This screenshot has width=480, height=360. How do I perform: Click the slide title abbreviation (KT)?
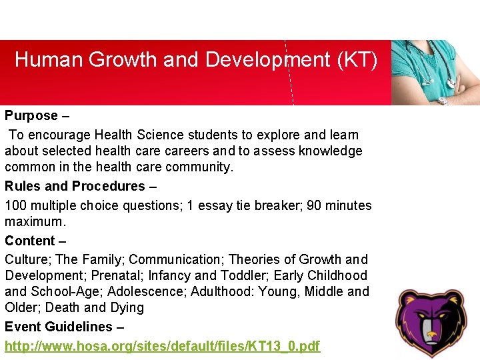pyautogui.click(x=357, y=60)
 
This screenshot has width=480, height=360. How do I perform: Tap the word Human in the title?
pyautogui.click(x=51, y=60)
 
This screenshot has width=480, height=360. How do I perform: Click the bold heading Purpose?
pyautogui.click(x=31, y=115)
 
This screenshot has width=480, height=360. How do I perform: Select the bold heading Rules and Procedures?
pyautogui.click(x=75, y=186)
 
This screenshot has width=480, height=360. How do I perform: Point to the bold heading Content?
pyautogui.click(x=30, y=241)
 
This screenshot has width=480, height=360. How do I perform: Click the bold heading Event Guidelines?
pyautogui.click(x=59, y=327)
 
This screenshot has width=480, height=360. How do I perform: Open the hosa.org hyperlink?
pyautogui.click(x=162, y=346)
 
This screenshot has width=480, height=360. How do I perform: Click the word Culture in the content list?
pyautogui.click(x=25, y=259)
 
